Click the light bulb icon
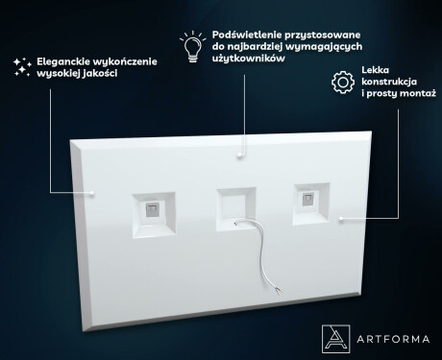(x=193, y=47)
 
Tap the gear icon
(x=343, y=83)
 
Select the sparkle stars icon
(x=22, y=67)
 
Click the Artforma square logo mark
(x=335, y=339)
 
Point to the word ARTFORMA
(x=393, y=339)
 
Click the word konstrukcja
(x=389, y=82)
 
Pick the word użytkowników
(x=249, y=59)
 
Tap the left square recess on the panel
(x=154, y=214)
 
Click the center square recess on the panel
(x=236, y=209)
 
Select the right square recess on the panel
(x=311, y=204)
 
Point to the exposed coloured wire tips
(x=278, y=291)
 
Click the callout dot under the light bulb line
(x=239, y=155)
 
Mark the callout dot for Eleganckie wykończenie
(x=92, y=193)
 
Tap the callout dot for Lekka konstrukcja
(x=341, y=219)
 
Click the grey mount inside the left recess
(x=151, y=209)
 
